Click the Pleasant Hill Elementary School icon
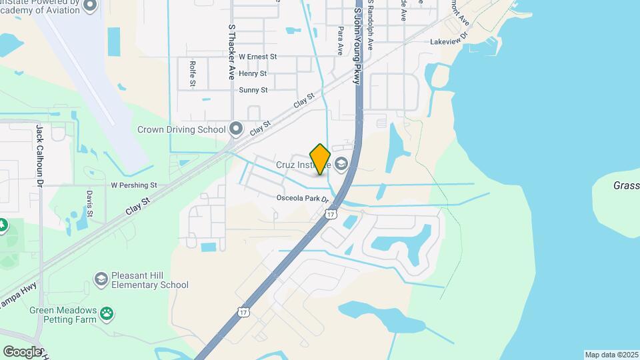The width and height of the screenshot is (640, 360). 101,279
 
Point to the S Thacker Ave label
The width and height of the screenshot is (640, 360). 232,53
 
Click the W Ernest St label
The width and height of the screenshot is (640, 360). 257,57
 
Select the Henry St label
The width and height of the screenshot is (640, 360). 253,73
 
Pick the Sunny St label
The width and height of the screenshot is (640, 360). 253,90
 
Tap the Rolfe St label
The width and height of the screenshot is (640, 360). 192,73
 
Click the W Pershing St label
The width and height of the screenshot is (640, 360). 133,185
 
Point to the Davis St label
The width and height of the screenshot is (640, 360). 89,203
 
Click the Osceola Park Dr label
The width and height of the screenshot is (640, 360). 303,199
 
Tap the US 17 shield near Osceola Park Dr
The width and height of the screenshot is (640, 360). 331,213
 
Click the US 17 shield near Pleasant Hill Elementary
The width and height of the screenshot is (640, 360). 245,312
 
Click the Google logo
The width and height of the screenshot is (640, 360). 21,351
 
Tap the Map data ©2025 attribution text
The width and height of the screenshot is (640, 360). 611,355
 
